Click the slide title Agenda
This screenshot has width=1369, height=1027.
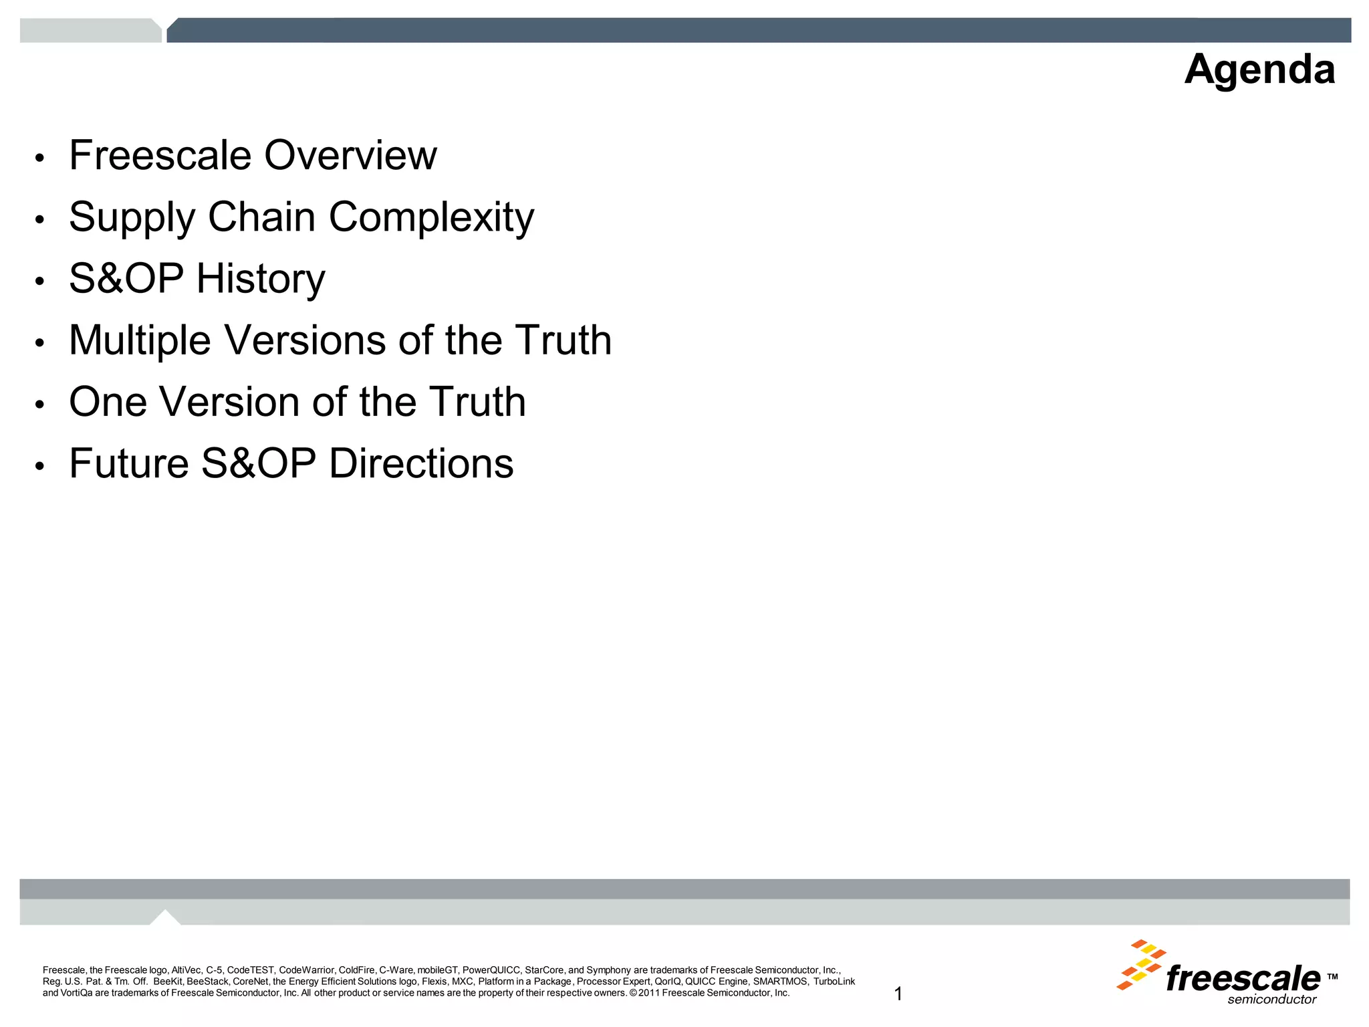tap(1259, 70)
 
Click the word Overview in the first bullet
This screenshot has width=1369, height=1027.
tap(350, 155)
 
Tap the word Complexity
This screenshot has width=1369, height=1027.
tap(431, 217)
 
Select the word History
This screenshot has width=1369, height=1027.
tap(261, 279)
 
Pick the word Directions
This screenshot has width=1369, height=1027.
tap(421, 463)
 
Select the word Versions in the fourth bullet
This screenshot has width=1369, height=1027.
tap(305, 340)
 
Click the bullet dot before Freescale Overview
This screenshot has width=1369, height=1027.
tap(40, 159)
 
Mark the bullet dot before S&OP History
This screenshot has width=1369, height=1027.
tap(40, 282)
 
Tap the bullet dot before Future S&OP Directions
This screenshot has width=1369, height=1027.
tap(40, 467)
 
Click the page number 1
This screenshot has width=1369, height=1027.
tap(898, 994)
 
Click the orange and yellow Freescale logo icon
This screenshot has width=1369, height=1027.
tap(1141, 963)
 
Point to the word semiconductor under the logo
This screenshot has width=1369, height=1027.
tap(1271, 1000)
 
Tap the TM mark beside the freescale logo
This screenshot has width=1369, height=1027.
tap(1332, 977)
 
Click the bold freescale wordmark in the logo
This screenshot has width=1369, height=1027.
tap(1243, 978)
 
